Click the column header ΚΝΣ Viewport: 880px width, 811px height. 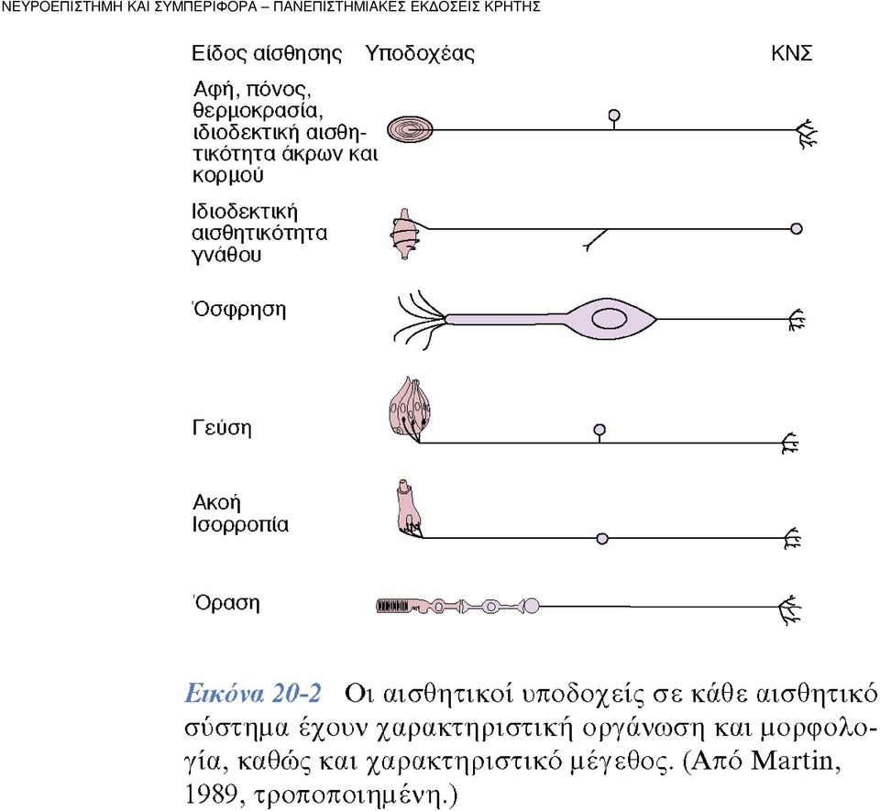pos(791,53)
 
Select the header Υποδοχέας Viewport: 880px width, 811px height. pos(420,54)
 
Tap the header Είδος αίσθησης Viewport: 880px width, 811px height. pos(267,54)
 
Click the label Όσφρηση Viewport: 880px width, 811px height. pos(239,310)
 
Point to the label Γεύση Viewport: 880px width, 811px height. pos(222,427)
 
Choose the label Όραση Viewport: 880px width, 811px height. pos(226,603)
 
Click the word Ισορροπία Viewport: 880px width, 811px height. pos(240,525)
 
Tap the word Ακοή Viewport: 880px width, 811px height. pos(216,502)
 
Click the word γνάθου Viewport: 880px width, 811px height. pos(226,255)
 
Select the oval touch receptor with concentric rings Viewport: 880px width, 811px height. pos(411,129)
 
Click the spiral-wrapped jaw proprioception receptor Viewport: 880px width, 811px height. pos(406,234)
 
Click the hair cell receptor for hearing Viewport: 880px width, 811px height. pos(409,510)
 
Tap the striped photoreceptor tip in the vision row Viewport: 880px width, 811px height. pos(392,606)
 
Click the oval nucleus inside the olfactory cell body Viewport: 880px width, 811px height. pos(610,319)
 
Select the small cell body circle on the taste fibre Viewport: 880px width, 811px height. pos(599,430)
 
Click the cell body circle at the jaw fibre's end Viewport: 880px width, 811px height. pos(796,229)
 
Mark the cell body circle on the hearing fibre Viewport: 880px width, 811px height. pos(602,539)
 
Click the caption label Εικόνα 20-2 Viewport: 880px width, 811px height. pos(253,693)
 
